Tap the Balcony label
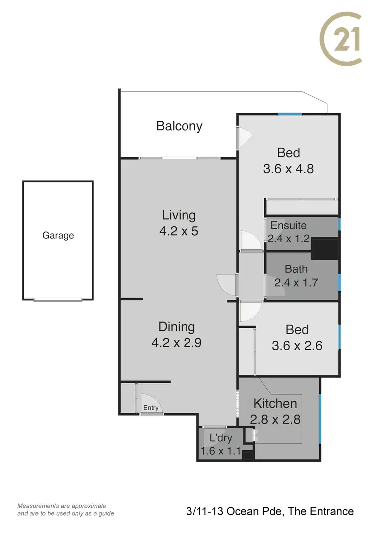[x=179, y=126]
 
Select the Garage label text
[x=58, y=235]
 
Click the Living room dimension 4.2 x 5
[x=179, y=231]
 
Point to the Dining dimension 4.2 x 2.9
[x=176, y=343]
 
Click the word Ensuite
[x=288, y=225]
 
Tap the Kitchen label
[x=275, y=403]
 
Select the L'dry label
[x=220, y=439]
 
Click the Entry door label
[x=151, y=408]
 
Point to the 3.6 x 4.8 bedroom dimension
[x=288, y=168]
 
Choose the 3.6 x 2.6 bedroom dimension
[x=297, y=345]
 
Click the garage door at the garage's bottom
[x=58, y=299]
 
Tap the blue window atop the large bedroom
[x=290, y=114]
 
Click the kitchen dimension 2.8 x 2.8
[x=275, y=419]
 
